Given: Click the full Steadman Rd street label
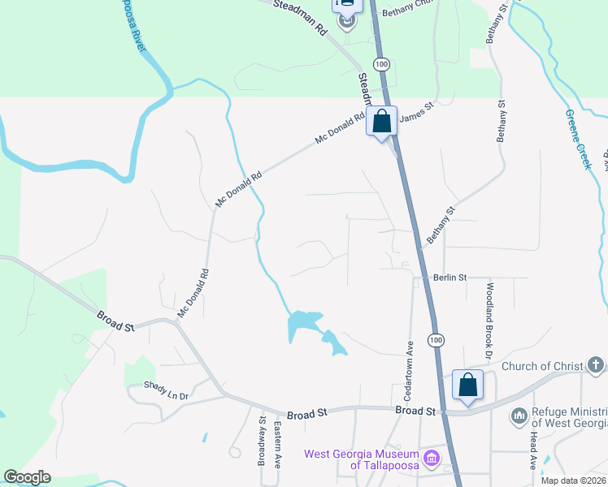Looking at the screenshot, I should [x=300, y=17].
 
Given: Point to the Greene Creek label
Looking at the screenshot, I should [x=576, y=138].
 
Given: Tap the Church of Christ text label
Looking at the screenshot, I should [x=541, y=366].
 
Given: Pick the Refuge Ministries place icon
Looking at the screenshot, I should [x=519, y=416].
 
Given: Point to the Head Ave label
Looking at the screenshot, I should [x=533, y=450].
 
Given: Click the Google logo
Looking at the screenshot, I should [x=27, y=477].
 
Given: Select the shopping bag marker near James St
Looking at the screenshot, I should [x=382, y=122].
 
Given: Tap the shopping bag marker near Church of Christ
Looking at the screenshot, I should [x=468, y=385].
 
